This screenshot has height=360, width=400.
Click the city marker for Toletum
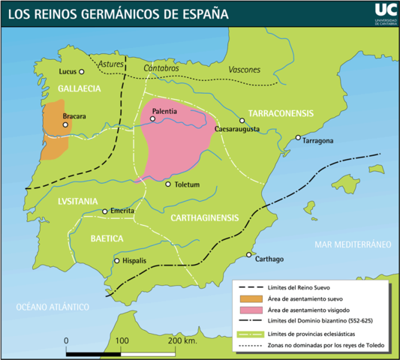pos(168,184)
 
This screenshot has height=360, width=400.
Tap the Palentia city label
pos(164,111)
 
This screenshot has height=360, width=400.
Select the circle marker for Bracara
pos(66,125)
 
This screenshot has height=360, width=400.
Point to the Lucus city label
pos(67,72)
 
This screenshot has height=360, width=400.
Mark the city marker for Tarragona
pos(298,137)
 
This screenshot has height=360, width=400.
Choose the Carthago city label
pos(269,259)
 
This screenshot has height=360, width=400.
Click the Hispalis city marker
pos(116,260)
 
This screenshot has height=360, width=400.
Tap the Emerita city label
pos(122,211)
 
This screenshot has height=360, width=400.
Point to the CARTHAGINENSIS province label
pos(204,218)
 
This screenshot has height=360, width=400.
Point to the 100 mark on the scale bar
pos(122,340)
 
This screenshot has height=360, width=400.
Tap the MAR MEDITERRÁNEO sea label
pos(353,244)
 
